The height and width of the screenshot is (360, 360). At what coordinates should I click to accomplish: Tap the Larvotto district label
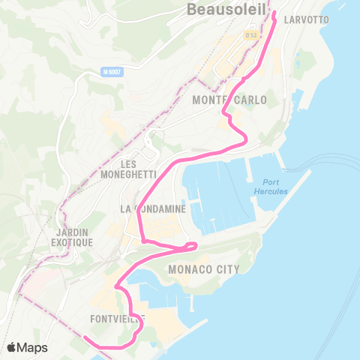(x=307, y=19)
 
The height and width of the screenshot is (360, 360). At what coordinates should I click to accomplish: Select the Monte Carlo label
(x=225, y=100)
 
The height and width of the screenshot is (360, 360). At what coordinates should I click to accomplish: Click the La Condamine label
(x=153, y=209)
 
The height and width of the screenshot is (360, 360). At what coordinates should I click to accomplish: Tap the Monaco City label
(x=204, y=269)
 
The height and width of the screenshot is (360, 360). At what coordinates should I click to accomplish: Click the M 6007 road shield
(x=112, y=72)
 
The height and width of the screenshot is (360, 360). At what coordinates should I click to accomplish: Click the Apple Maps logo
(x=27, y=347)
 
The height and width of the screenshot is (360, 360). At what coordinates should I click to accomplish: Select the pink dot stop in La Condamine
(x=142, y=241)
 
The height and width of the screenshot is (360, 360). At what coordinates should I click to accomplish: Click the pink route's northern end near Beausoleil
(x=274, y=13)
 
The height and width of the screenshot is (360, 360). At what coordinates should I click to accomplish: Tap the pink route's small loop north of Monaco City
(x=191, y=245)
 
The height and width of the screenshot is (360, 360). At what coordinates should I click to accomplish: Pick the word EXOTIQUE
(x=72, y=243)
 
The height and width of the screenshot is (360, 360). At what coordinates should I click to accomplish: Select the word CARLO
(x=241, y=100)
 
